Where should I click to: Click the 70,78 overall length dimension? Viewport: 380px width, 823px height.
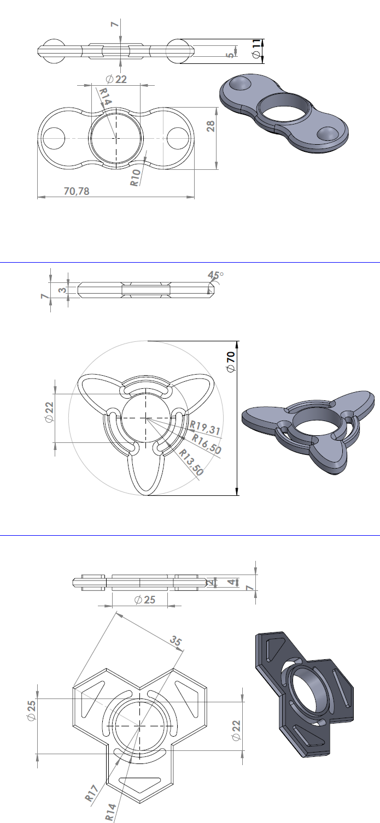77,191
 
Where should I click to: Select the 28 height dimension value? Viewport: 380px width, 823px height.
211,126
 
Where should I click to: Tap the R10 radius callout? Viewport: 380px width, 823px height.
136,177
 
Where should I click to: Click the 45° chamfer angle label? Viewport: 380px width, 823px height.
215,275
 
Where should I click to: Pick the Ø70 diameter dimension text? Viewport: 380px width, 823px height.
231,362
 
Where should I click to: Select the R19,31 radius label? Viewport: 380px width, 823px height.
205,428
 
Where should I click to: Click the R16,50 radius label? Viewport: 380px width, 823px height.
206,444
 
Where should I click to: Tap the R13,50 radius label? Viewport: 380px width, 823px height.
191,462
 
